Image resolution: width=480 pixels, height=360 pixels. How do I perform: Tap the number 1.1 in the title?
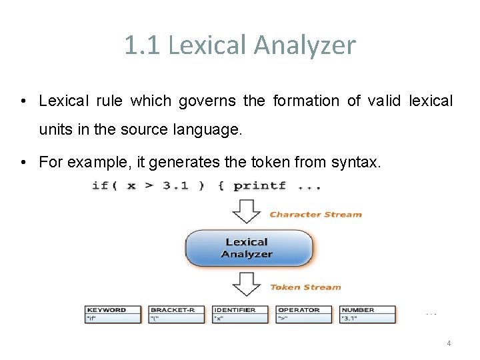(x=142, y=45)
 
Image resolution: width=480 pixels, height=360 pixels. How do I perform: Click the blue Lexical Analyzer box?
(x=248, y=248)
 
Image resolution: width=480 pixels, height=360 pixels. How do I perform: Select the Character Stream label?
(x=315, y=215)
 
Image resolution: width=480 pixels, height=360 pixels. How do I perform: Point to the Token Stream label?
(x=305, y=287)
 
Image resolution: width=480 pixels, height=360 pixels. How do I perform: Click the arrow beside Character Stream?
(x=246, y=211)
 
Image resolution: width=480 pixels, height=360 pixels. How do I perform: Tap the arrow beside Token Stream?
(x=246, y=285)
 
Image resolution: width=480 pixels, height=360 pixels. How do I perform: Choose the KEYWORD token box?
(x=113, y=314)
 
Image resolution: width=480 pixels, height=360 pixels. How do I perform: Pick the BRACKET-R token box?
(x=177, y=314)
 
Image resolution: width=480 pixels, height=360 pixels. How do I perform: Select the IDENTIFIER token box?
(x=241, y=314)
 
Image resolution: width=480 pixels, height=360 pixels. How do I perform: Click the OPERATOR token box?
(x=304, y=314)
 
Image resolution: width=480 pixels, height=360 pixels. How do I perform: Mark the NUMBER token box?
(x=368, y=314)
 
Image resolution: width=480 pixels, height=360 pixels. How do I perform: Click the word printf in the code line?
(x=259, y=185)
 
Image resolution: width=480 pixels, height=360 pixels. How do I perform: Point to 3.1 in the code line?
(x=175, y=185)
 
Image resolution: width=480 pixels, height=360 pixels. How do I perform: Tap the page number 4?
(x=449, y=343)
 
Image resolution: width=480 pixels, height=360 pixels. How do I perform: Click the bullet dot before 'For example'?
(x=23, y=162)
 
